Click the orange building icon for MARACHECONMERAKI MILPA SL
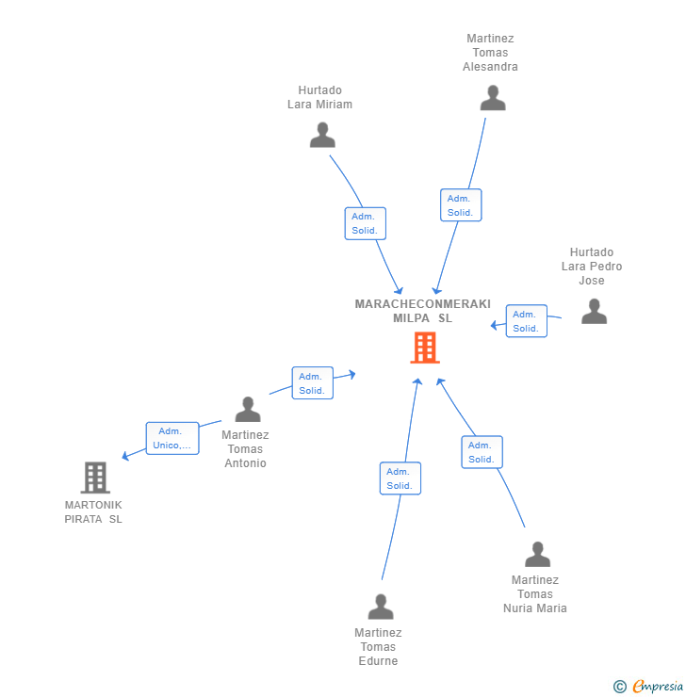point(425,348)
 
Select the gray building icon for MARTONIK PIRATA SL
point(95,478)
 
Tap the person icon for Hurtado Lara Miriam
point(322,135)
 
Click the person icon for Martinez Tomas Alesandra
point(493,98)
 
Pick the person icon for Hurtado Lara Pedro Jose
point(594,311)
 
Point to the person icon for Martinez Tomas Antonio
point(248,409)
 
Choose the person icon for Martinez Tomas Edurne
point(381,607)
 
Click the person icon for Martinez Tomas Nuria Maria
point(537,554)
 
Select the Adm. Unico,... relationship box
point(172,438)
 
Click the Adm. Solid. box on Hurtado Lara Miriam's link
point(366,223)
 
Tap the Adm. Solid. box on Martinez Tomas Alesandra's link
point(461,205)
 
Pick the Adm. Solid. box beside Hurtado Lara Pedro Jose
point(527,321)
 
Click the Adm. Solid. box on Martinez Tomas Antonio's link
point(313,382)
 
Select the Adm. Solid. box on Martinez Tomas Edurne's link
point(400,478)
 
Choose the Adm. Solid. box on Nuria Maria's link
point(482,452)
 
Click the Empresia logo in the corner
point(648,686)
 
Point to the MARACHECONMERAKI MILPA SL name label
point(422,311)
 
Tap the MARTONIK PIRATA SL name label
point(93,511)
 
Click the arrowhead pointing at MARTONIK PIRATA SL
point(125,456)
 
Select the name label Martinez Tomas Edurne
point(378,646)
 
